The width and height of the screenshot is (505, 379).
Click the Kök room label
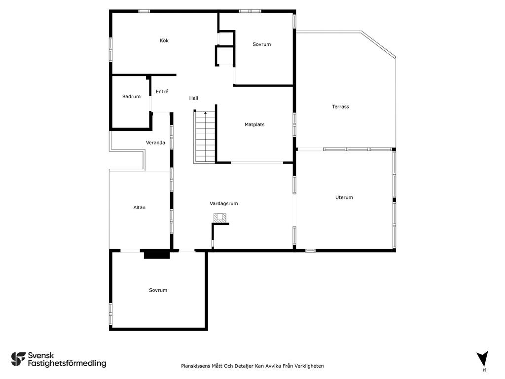tap(164, 40)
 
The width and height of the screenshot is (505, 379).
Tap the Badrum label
tap(131, 96)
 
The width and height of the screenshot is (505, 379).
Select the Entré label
tap(162, 91)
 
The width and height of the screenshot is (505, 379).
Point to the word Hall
tap(193, 98)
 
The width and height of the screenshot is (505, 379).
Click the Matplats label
tap(254, 124)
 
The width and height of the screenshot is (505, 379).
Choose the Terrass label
tap(340, 107)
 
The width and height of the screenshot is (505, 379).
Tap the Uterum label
tap(344, 197)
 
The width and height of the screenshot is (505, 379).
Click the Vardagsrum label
tap(224, 204)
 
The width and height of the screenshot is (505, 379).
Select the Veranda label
tap(155, 143)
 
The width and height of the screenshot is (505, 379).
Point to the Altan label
tap(140, 208)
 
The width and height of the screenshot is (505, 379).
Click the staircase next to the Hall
tap(205, 137)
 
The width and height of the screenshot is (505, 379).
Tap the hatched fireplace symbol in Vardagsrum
tap(219, 218)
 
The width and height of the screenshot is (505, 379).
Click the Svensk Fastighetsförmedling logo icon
tap(18, 359)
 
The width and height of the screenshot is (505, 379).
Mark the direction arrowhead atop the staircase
tap(206, 113)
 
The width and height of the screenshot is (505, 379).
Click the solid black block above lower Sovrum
tap(157, 255)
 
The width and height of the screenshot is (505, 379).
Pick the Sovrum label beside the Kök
tap(261, 44)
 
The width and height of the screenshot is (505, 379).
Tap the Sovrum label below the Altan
tap(158, 290)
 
